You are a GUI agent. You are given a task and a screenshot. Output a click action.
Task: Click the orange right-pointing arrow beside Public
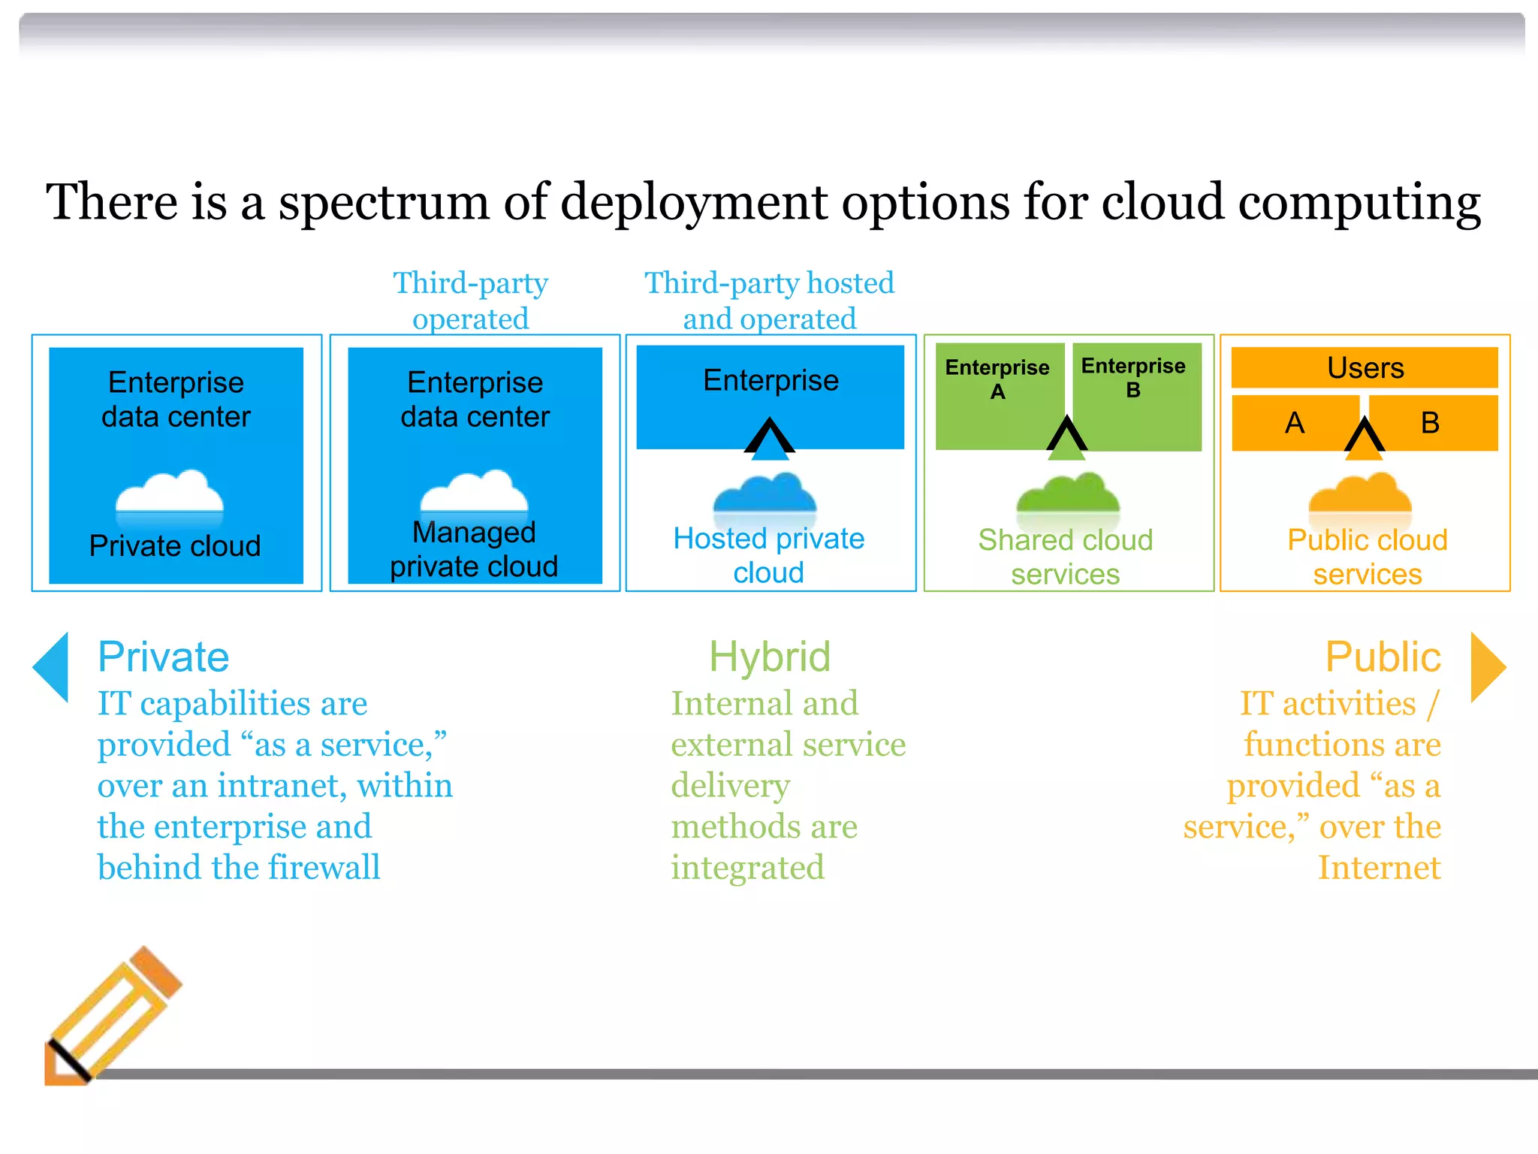(x=1486, y=667)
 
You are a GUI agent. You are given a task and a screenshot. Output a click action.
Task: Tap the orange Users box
(x=1365, y=367)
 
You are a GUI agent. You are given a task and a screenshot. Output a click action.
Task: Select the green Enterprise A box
(x=998, y=395)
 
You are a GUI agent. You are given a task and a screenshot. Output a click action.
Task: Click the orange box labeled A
(x=1294, y=423)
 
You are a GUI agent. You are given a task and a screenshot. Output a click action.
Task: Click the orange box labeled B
(x=1431, y=423)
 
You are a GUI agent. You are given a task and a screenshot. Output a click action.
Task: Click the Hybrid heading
(x=770, y=657)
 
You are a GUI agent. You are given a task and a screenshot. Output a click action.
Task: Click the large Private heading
(x=163, y=657)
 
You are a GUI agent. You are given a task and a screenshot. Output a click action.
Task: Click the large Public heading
(x=1383, y=657)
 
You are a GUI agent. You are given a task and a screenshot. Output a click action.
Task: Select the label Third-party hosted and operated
(x=769, y=301)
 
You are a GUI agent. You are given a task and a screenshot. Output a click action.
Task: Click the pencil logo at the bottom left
(x=113, y=1014)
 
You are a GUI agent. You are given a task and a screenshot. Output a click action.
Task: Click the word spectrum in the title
(x=384, y=203)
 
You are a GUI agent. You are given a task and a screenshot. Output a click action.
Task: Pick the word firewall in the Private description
(x=324, y=868)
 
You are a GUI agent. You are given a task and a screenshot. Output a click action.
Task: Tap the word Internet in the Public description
(x=1379, y=868)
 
